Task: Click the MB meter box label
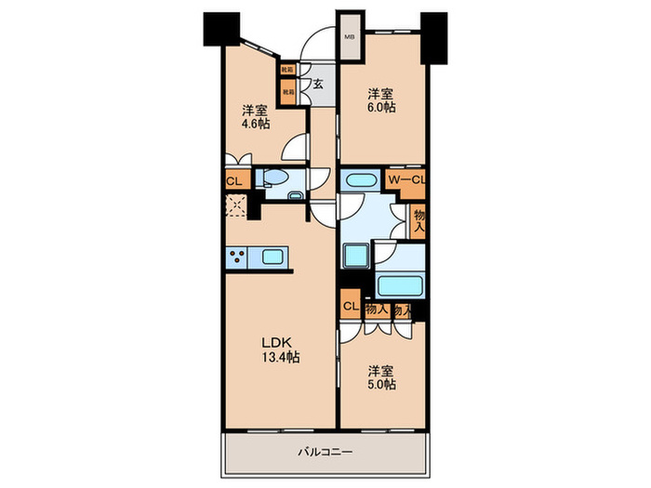coord(351,38)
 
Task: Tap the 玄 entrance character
coord(317,85)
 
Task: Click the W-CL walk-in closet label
coord(406,180)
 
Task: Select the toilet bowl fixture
coord(276,180)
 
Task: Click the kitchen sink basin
coord(276,258)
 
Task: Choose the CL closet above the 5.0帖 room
coord(350,307)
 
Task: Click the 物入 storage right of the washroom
coord(419,221)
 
